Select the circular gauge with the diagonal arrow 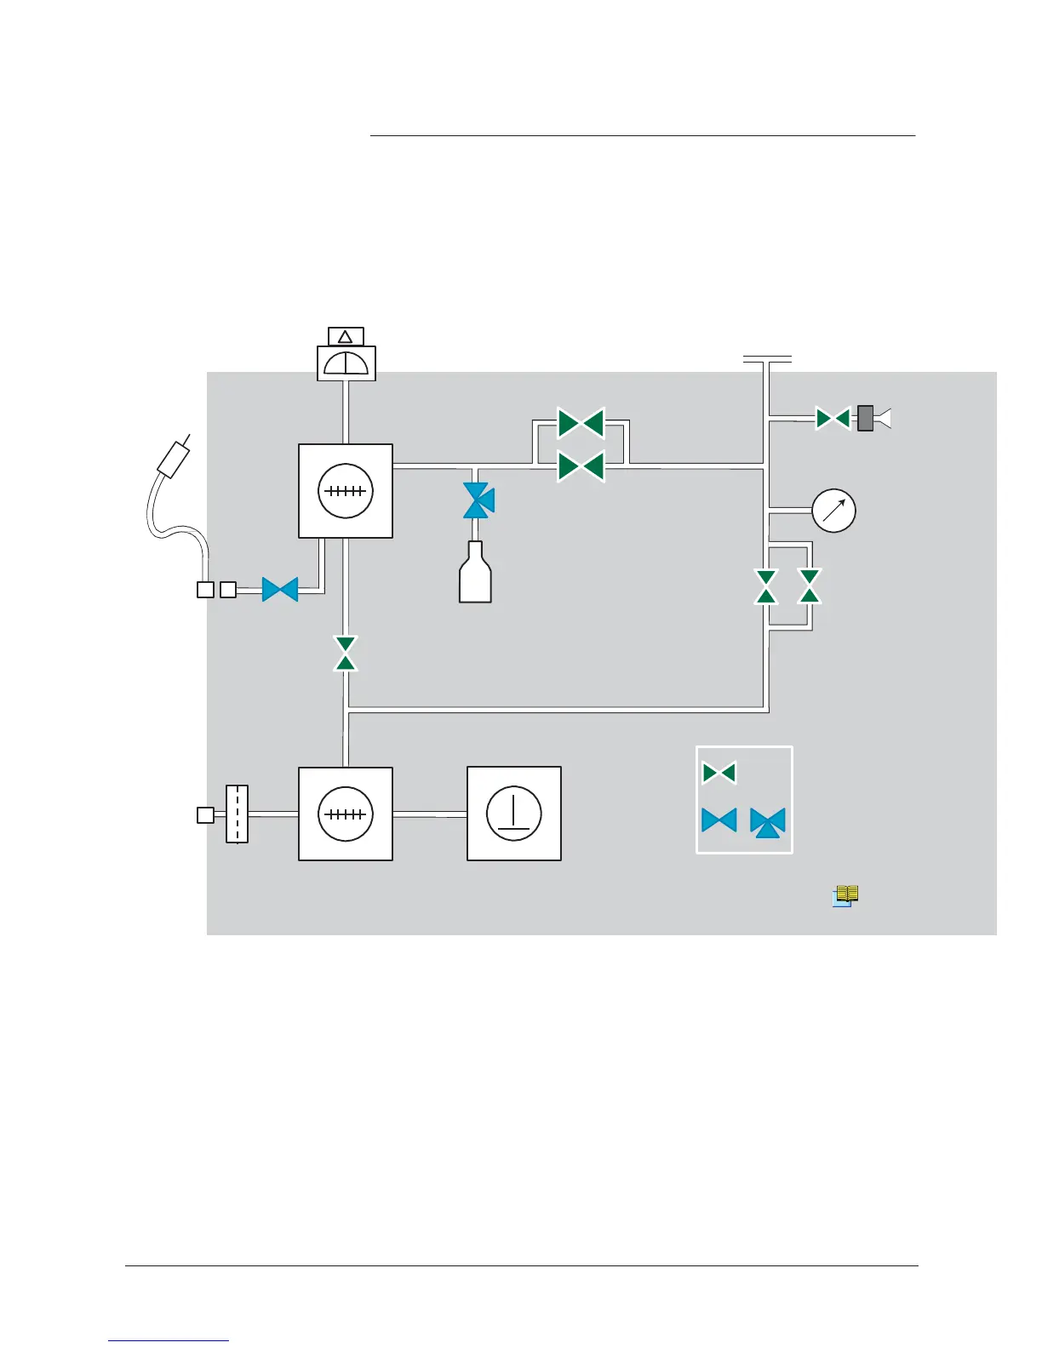click(833, 511)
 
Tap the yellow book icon click(845, 895)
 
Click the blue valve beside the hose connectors click(280, 589)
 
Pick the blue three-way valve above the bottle click(478, 500)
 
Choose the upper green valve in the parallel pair click(581, 422)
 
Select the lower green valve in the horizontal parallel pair click(581, 466)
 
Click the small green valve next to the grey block click(833, 419)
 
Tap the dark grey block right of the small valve click(866, 419)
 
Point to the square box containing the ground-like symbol click(514, 814)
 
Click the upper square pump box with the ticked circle click(346, 491)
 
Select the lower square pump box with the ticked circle click(346, 814)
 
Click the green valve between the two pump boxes click(346, 653)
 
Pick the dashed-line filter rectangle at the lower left click(237, 814)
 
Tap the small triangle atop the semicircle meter click(346, 337)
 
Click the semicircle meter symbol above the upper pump click(346, 363)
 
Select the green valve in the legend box click(719, 773)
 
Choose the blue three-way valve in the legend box click(768, 822)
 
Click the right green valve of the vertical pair click(810, 586)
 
